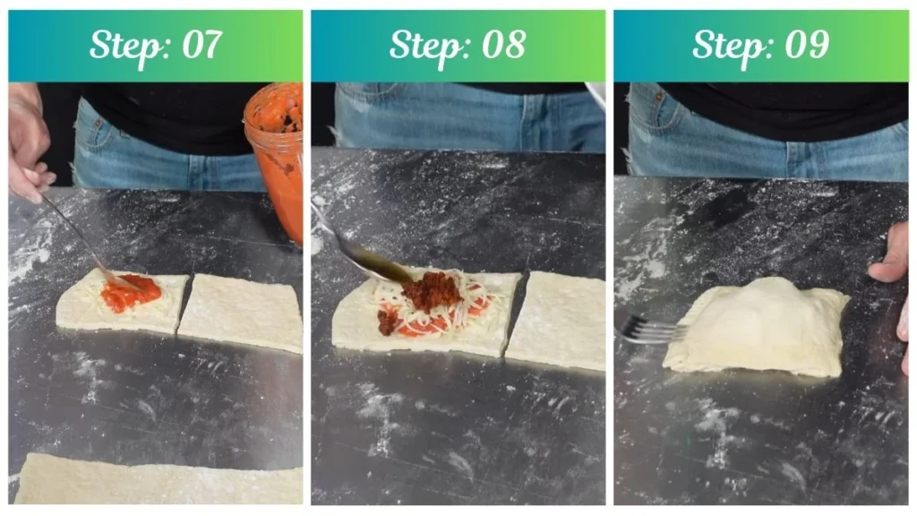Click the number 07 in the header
pyautogui.click(x=202, y=45)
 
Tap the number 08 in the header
pyautogui.click(x=503, y=45)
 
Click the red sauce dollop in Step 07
pyautogui.click(x=131, y=293)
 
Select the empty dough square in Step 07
pyautogui.click(x=241, y=312)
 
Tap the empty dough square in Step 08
pyautogui.click(x=558, y=320)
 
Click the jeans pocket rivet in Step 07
pyautogui.click(x=99, y=124)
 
